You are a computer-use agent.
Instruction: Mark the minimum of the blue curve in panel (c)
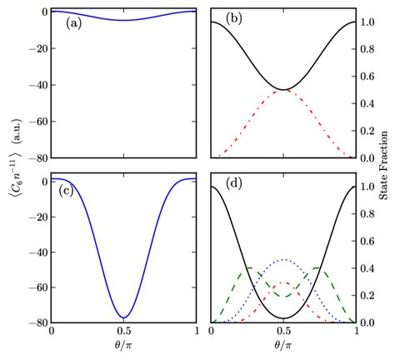pos(124,317)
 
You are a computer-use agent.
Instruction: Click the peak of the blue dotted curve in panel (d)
pos(283,260)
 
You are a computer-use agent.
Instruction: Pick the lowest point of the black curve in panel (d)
pos(283,317)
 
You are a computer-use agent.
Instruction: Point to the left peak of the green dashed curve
pos(247,268)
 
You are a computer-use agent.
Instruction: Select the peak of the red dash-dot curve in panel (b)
pos(283,89)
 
